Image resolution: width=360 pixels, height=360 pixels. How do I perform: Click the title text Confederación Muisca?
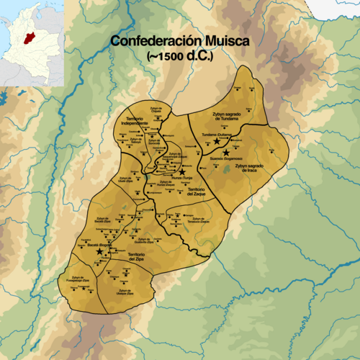click(x=179, y=42)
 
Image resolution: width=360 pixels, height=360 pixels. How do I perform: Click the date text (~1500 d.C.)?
click(x=179, y=55)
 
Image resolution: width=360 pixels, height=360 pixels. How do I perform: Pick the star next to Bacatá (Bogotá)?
click(x=99, y=252)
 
